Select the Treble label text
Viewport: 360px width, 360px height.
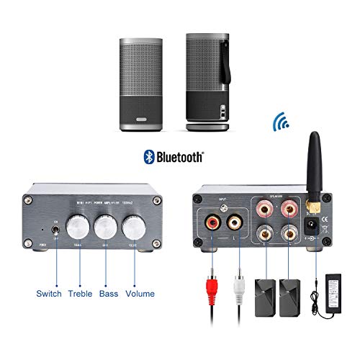pos(80,294)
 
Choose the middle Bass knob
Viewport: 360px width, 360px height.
pos(104,231)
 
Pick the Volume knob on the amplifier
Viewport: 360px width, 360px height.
pos(133,230)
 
